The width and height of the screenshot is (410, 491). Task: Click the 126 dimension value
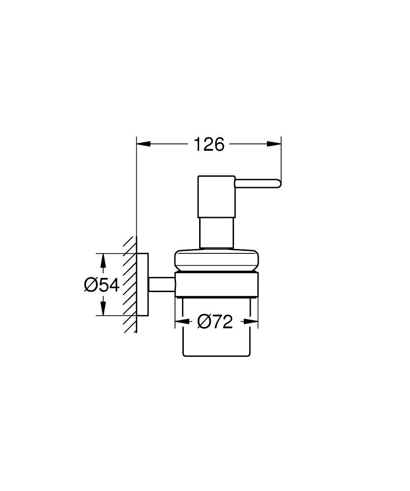(x=209, y=144)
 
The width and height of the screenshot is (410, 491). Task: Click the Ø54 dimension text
(x=102, y=285)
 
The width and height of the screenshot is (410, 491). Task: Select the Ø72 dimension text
(x=215, y=322)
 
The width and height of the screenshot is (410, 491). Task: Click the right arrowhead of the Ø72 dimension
(x=251, y=322)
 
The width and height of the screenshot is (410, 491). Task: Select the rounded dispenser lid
(x=216, y=260)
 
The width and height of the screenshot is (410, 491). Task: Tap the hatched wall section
(x=129, y=285)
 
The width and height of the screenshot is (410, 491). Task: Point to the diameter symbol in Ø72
(x=204, y=322)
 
